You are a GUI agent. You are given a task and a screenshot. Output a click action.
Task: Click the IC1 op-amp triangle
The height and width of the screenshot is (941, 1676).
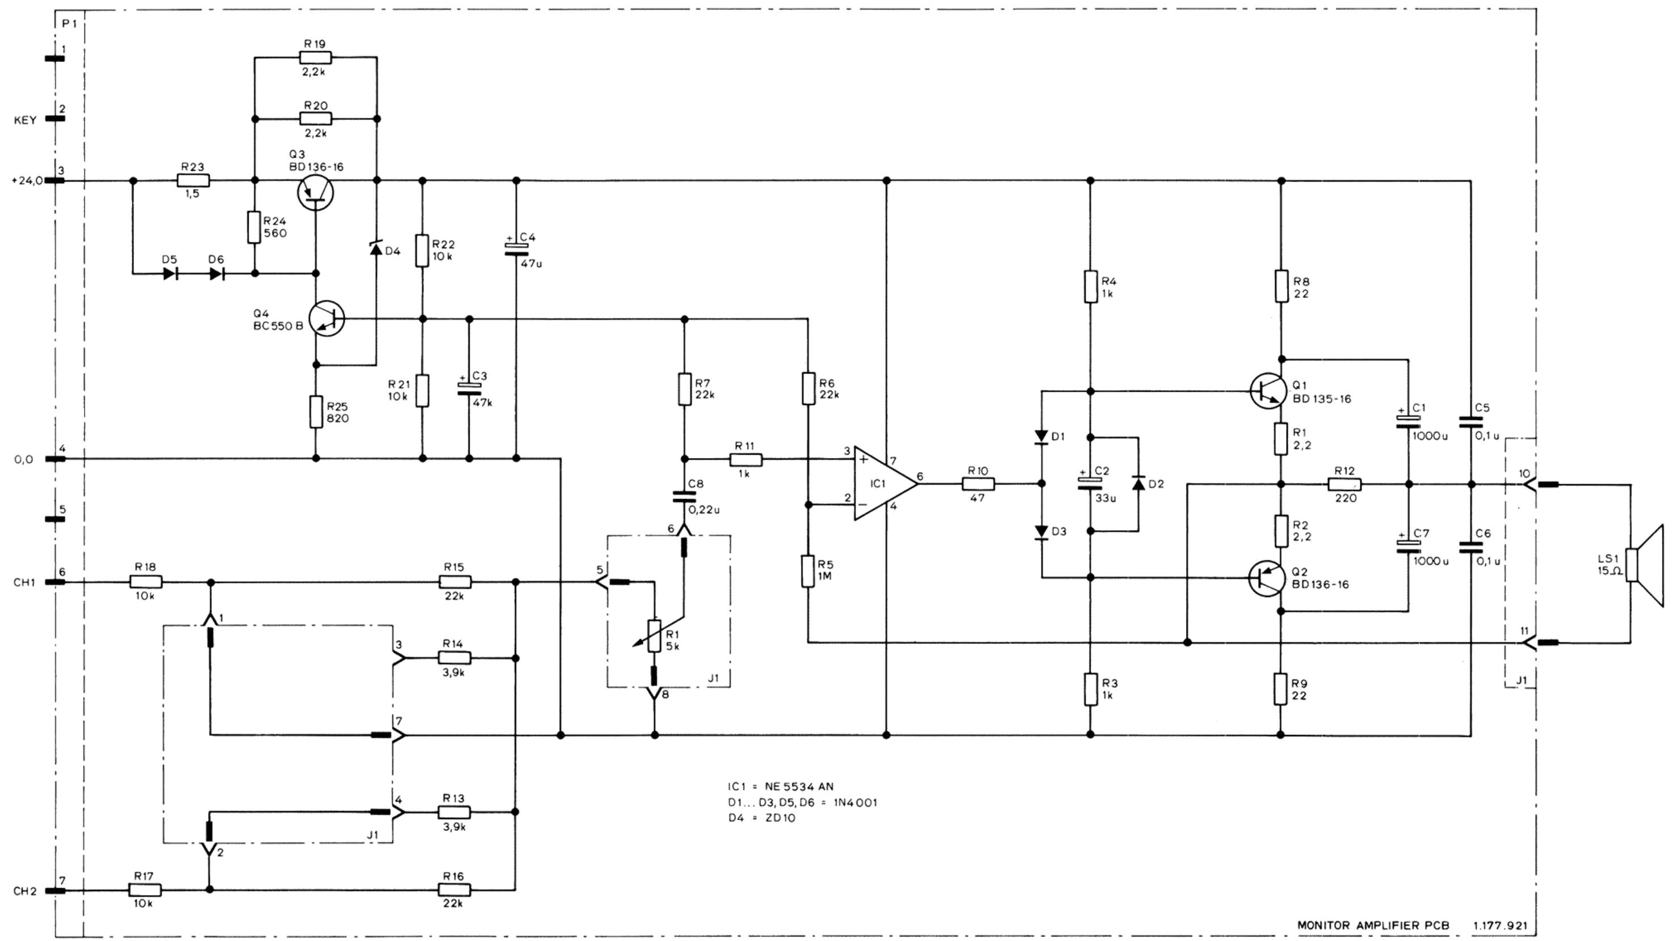(885, 483)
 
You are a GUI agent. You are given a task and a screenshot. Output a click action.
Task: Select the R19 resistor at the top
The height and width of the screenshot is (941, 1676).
(316, 58)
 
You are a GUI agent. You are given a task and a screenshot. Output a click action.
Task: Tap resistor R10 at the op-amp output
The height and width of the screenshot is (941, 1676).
(978, 483)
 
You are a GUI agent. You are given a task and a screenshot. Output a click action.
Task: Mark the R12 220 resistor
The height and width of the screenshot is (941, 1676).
(1344, 484)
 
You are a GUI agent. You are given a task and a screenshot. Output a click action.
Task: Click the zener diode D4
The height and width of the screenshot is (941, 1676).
(376, 248)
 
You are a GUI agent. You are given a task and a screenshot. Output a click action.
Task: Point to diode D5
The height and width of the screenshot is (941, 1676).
(170, 274)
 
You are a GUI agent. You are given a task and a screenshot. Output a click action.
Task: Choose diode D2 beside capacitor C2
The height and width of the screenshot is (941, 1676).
(1138, 483)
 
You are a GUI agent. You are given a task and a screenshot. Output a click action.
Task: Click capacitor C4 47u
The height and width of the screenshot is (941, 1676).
(517, 249)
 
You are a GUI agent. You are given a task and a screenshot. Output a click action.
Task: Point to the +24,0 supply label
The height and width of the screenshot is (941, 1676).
(27, 182)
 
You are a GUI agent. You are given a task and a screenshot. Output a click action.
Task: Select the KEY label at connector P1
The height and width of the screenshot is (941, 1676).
(25, 120)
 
